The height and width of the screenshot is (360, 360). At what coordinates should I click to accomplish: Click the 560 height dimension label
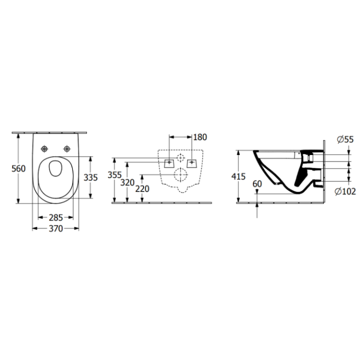[x=18, y=168]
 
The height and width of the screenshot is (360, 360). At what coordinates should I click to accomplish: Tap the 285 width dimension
[x=55, y=217]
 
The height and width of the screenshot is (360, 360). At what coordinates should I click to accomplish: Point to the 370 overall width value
[x=55, y=228]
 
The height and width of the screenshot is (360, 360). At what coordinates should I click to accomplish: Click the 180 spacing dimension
[x=200, y=137]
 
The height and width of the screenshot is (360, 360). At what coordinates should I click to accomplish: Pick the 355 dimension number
[x=114, y=175]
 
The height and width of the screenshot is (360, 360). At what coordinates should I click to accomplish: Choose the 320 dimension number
[x=127, y=182]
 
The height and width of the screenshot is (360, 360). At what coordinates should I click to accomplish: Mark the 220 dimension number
[x=143, y=188]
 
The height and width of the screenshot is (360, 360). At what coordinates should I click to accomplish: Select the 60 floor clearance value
[x=257, y=184]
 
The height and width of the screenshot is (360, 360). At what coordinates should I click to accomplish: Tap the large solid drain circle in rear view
[x=180, y=175]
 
